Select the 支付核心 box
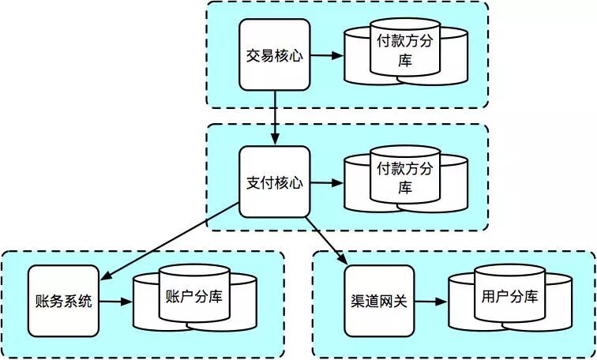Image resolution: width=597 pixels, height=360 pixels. click(x=274, y=182)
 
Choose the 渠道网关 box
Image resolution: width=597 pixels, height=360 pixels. click(x=379, y=302)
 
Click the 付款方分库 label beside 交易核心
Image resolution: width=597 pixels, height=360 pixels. click(x=405, y=51)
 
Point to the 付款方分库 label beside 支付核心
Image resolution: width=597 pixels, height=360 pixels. click(x=405, y=178)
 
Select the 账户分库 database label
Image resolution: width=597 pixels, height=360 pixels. click(x=194, y=297)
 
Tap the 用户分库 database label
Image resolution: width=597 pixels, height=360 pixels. click(x=509, y=297)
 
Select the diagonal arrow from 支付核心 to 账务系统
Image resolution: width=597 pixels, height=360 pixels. click(x=171, y=240)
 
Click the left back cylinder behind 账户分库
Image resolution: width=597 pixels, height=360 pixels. click(x=146, y=304)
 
